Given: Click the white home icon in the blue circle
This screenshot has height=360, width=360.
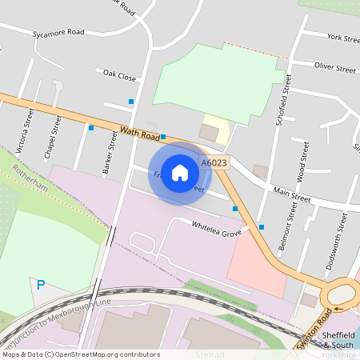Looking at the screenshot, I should [x=180, y=172].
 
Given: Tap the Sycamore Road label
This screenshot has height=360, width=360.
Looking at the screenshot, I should [x=58, y=34].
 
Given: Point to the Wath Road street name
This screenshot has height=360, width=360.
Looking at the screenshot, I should [x=140, y=134].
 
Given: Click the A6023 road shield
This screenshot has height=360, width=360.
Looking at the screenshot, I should [x=214, y=163].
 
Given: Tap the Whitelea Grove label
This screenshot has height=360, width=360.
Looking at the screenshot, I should [x=216, y=228].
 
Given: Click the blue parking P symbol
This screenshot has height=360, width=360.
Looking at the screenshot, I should [x=40, y=284].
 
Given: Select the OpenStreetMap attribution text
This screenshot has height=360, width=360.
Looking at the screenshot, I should [x=80, y=354].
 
